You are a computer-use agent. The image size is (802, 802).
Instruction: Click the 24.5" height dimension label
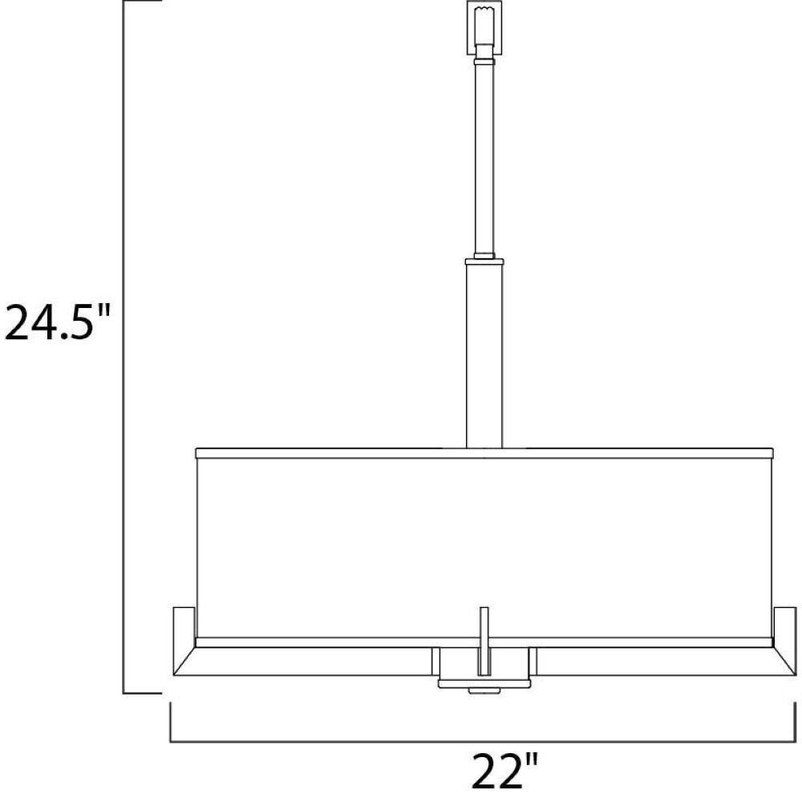57,322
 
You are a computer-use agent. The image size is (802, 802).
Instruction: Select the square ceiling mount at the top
484,27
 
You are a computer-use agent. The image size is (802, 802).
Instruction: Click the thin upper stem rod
484,159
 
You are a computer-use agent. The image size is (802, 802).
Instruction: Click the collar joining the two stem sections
484,261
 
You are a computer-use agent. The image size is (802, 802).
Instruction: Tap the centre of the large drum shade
484,547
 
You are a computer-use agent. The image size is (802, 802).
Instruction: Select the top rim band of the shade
484,453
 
